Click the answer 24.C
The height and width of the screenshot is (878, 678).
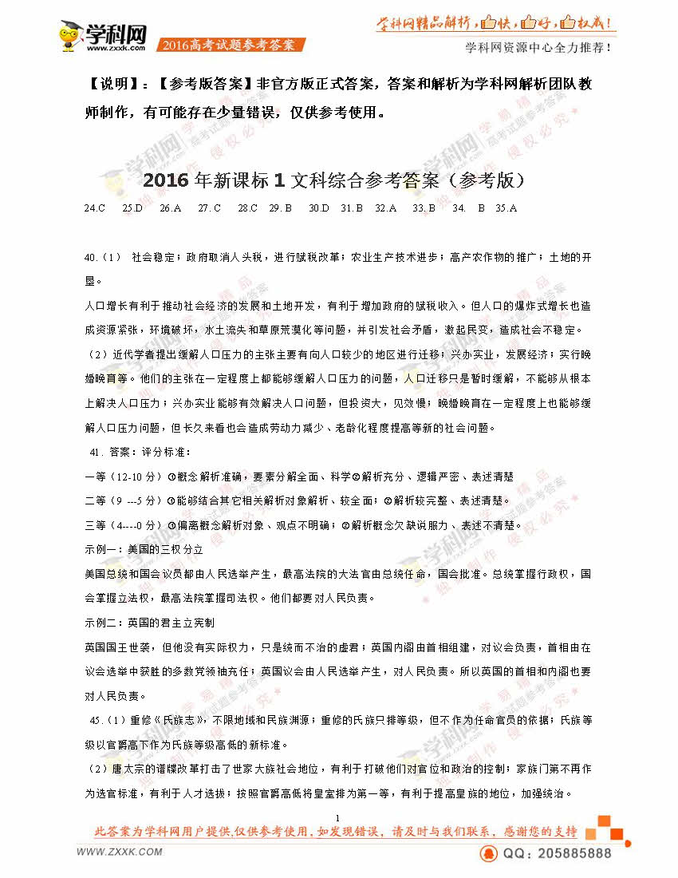point(94,208)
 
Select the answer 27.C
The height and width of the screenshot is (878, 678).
point(209,208)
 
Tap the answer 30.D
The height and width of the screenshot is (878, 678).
point(319,208)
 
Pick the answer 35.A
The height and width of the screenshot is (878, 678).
point(507,208)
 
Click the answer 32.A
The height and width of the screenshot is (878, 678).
point(385,208)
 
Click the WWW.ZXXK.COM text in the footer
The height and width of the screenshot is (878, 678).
point(120,852)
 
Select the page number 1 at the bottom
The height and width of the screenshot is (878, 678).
point(338,817)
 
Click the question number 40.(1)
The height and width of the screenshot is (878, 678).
point(102,257)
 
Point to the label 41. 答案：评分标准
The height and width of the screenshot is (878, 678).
point(140,453)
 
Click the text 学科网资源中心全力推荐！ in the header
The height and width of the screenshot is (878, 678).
point(538,47)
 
